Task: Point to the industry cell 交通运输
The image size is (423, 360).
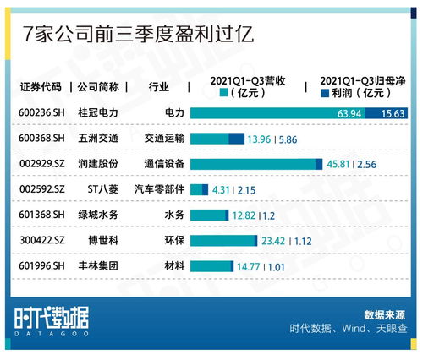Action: (x=163, y=139)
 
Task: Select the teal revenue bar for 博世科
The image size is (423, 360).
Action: (x=222, y=241)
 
